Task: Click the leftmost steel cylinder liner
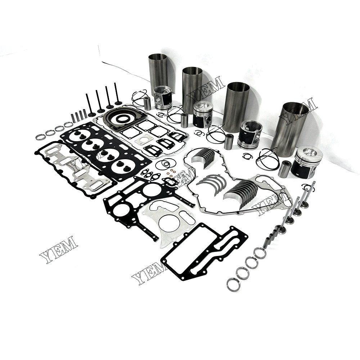pyautogui.click(x=158, y=70)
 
